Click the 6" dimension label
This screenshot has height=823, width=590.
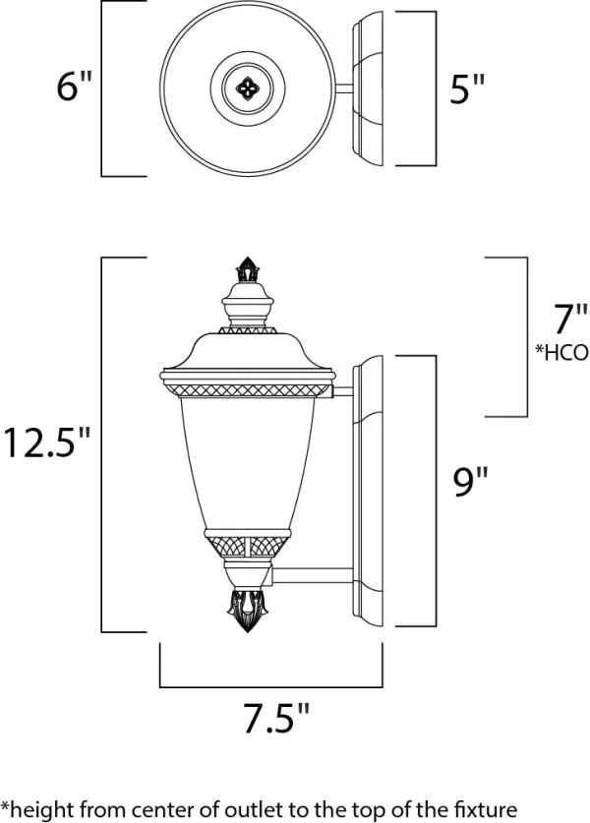pos(74,89)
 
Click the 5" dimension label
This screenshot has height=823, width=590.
pos(468,90)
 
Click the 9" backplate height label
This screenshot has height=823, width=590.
pos(471,483)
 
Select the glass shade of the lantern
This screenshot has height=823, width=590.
pos(245,462)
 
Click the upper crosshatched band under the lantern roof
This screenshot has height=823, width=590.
pos(245,391)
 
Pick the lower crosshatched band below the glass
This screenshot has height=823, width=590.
pos(245,541)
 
